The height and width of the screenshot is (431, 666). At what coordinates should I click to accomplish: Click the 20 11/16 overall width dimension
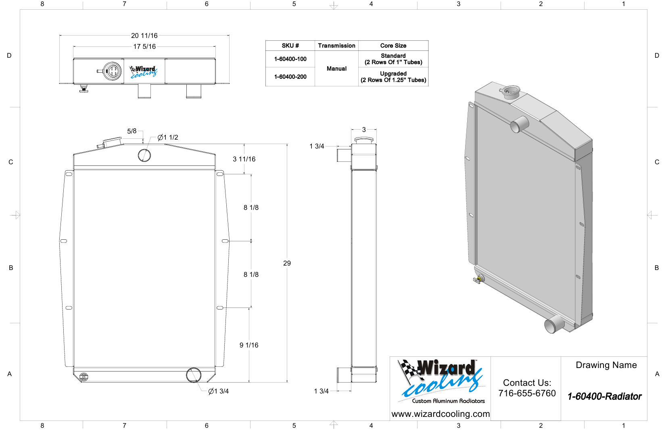144,36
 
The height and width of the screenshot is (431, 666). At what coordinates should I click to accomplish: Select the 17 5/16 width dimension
144,47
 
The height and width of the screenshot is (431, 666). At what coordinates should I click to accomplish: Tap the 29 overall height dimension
287,263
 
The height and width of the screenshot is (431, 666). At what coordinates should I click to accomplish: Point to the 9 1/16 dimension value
249,345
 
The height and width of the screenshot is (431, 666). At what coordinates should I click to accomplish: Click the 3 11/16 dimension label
244,159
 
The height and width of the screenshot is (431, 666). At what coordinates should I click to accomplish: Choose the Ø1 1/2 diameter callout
168,138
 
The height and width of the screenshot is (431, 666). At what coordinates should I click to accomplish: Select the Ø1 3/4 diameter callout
219,391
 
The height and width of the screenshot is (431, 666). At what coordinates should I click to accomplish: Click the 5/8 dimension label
132,131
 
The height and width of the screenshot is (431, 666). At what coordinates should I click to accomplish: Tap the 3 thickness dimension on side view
364,130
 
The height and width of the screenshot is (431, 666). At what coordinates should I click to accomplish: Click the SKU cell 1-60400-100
290,59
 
